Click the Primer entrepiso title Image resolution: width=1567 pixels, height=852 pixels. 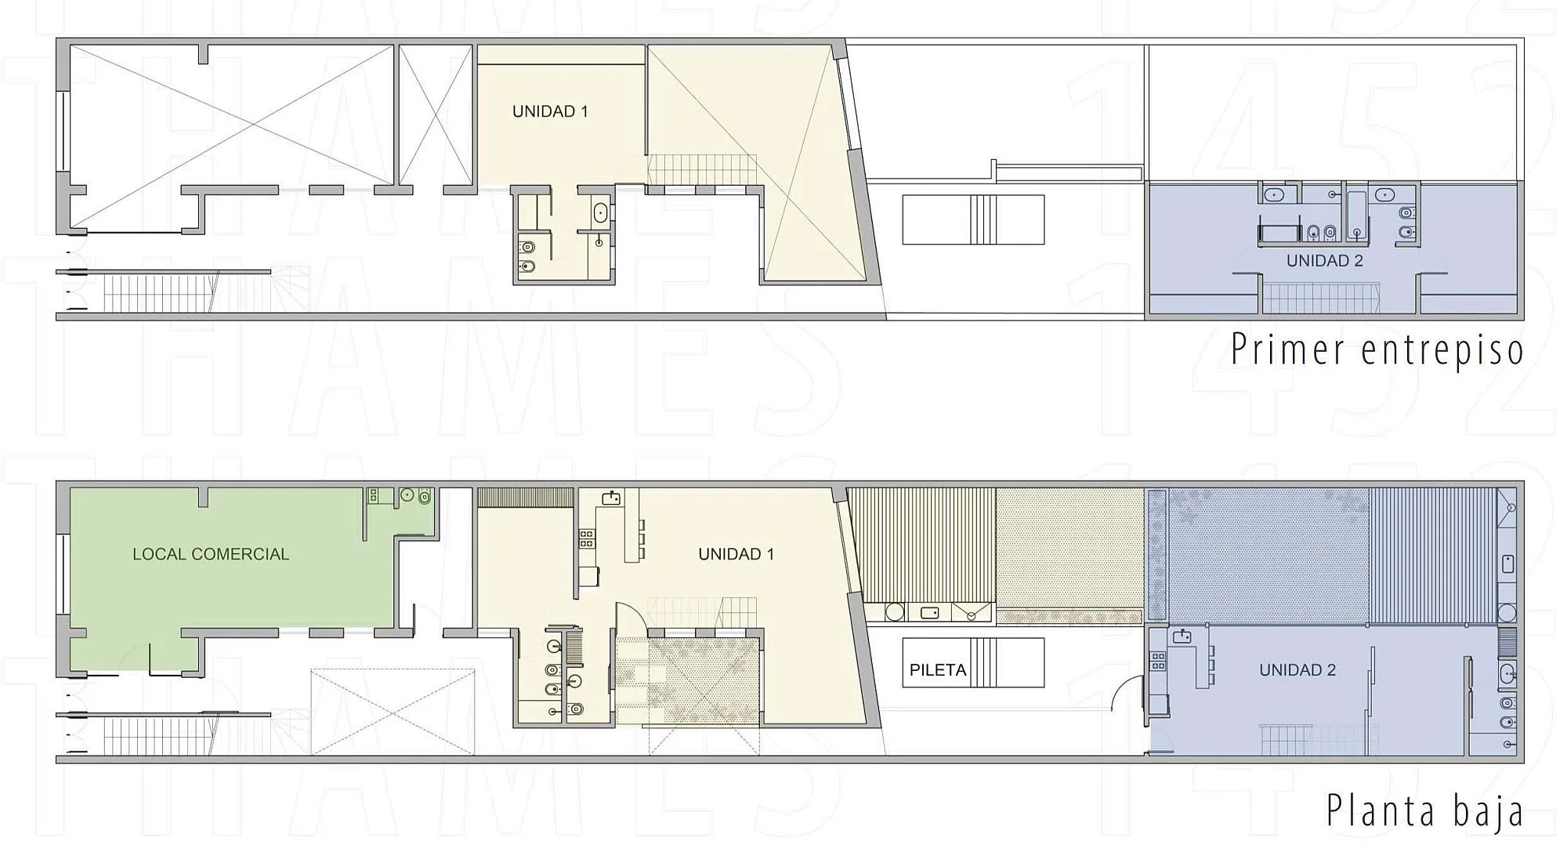[x=1377, y=350]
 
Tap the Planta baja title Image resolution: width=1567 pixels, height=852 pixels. [x=1424, y=811]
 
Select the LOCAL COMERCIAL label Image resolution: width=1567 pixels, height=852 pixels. [x=211, y=554]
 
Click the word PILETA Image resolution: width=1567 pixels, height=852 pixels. [x=937, y=670]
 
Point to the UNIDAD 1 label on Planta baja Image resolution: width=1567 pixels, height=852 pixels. [x=736, y=554]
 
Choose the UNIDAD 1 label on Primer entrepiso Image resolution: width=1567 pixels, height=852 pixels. [x=550, y=111]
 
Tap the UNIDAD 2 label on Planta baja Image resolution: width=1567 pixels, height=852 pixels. [x=1297, y=670]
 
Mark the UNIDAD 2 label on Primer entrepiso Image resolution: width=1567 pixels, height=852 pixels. [x=1325, y=261]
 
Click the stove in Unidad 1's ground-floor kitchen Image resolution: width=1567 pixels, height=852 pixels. [x=586, y=538]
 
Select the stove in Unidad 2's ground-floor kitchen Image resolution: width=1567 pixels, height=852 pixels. [x=1158, y=661]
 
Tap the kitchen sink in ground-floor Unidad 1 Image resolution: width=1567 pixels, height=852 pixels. [x=611, y=498]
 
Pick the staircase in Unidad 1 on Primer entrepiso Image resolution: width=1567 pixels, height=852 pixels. [x=701, y=169]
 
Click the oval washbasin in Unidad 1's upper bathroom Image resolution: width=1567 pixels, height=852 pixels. [x=600, y=212]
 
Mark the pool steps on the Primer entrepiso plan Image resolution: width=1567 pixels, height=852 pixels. [x=985, y=219]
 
